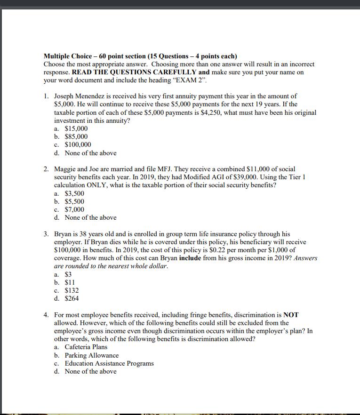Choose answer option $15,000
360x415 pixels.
tap(76, 128)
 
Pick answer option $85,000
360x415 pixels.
tap(76, 136)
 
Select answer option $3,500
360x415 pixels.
tap(74, 193)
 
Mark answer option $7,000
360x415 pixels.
tap(74, 209)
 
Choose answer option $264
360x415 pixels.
tap(72, 298)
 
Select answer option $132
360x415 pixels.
tap(72, 290)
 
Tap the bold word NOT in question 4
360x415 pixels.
tap(291, 315)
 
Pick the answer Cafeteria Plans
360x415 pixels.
tap(86, 347)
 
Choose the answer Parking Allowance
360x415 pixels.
tap(91, 355)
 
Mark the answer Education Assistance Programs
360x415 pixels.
tap(109, 363)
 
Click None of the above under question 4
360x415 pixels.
tap(90, 371)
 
